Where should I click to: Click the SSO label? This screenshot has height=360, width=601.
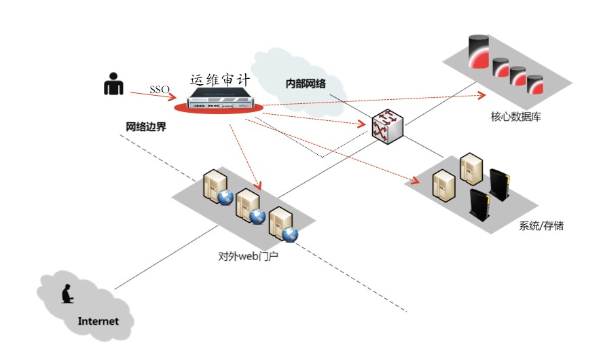159,90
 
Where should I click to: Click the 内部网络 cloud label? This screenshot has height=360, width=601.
306,83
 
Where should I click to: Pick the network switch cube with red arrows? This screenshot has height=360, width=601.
386,128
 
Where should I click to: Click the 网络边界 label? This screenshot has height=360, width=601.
146,126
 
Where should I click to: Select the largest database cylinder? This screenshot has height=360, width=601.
482,53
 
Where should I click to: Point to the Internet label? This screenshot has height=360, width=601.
98,321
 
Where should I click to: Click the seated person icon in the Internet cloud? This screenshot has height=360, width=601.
67,295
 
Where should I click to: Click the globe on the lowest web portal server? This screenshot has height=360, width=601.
291,235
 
